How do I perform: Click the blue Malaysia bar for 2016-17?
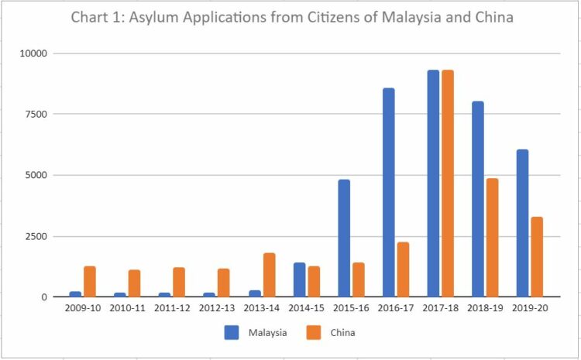click(x=389, y=193)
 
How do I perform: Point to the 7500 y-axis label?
click(x=36, y=115)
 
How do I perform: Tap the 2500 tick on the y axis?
click(x=36, y=236)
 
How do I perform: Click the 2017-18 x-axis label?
click(x=441, y=308)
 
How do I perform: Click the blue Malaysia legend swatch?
click(x=232, y=333)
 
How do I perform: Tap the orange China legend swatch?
click(x=315, y=333)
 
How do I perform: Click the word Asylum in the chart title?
click(x=160, y=18)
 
